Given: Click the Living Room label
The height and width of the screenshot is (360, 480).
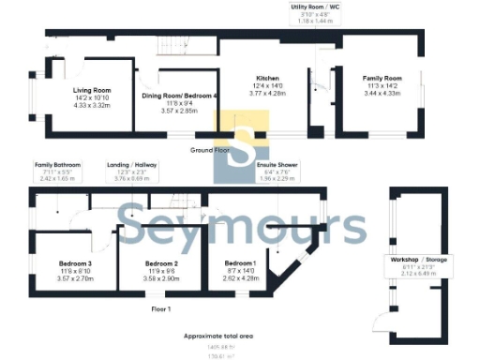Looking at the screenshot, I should coord(93,90).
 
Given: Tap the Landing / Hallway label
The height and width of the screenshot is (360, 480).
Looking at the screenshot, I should coord(130,163).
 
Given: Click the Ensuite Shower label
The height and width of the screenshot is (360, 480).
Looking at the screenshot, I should coord(277,164).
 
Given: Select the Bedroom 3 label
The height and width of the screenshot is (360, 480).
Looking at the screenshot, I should coord(74,264).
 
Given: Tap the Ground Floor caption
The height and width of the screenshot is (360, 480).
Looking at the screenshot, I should coord(209,150).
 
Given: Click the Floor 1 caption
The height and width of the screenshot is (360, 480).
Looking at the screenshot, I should coord(161,307).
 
